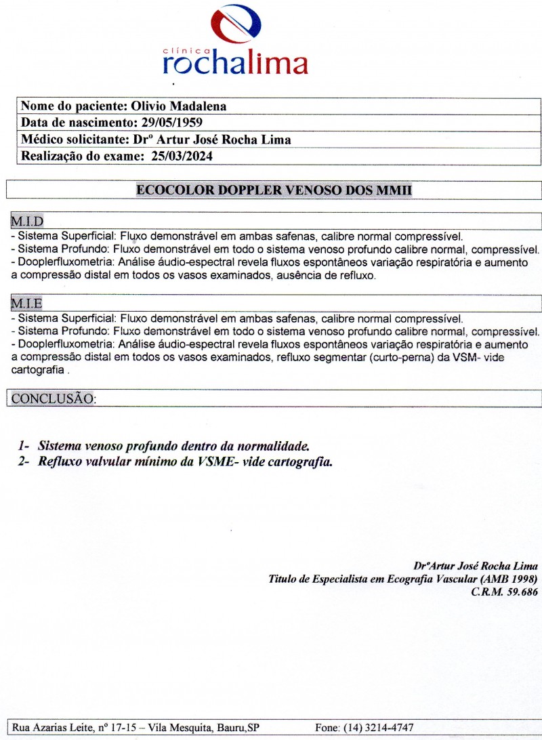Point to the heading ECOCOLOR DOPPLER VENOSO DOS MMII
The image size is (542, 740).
click(274, 190)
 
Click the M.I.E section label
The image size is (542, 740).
click(27, 303)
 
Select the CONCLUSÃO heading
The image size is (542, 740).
click(53, 398)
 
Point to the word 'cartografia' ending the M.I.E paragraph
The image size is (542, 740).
click(39, 371)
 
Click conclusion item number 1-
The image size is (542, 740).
click(25, 447)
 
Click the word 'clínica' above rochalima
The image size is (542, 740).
click(183, 50)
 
